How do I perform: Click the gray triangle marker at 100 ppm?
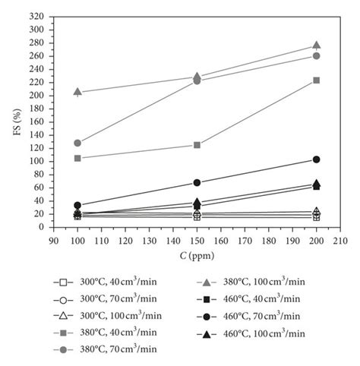[77, 92]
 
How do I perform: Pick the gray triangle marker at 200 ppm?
[317, 46]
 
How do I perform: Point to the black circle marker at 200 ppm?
[317, 159]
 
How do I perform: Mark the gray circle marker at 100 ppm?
[77, 143]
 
